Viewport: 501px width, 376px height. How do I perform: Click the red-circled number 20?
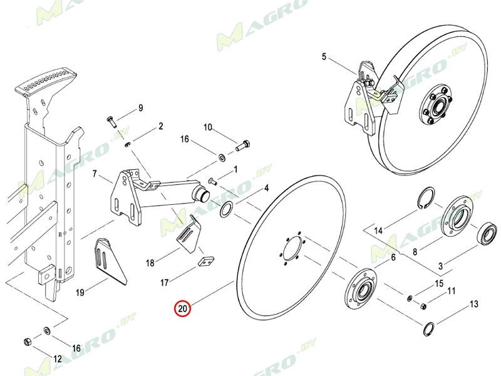[x=183, y=309]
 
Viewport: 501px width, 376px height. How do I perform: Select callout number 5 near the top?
[x=324, y=57]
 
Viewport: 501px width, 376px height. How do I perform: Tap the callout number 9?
[x=140, y=108]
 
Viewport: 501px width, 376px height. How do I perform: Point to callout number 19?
[x=80, y=291]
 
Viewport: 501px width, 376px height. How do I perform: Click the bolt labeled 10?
[x=242, y=147]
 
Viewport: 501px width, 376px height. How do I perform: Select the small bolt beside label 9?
[x=110, y=120]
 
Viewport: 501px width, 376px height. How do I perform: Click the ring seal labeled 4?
[x=227, y=208]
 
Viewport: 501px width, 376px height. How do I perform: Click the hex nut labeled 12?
[x=28, y=342]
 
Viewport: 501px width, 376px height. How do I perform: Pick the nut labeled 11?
[x=423, y=306]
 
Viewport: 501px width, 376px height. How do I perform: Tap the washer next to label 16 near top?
[x=222, y=155]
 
